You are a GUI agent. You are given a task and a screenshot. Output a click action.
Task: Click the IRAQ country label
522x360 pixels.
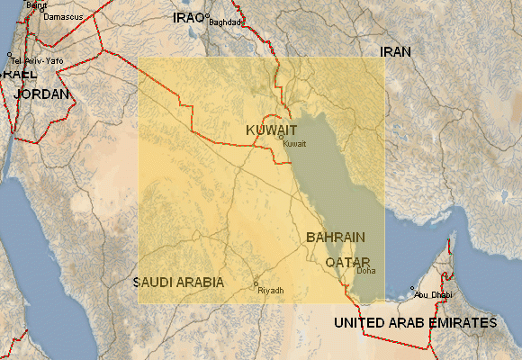pyautogui.click(x=187, y=18)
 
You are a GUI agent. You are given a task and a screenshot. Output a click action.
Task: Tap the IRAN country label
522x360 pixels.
pyautogui.click(x=395, y=52)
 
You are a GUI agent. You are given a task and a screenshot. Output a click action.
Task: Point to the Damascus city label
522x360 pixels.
pyautogui.click(x=63, y=17)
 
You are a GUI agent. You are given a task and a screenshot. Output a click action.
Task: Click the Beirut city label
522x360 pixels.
pyautogui.click(x=37, y=4)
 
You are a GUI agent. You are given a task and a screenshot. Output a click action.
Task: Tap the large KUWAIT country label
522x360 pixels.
pyautogui.click(x=271, y=130)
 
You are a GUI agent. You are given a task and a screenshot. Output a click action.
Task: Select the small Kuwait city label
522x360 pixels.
pyautogui.click(x=294, y=144)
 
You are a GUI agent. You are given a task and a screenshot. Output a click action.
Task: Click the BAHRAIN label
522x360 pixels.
pyautogui.click(x=336, y=238)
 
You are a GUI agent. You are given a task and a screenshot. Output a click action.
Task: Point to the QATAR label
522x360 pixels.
pyautogui.click(x=347, y=261)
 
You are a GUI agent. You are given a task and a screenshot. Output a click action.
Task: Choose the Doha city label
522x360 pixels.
pyautogui.click(x=366, y=270)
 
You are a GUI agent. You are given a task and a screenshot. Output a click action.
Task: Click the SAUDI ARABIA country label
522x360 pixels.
pyautogui.click(x=178, y=282)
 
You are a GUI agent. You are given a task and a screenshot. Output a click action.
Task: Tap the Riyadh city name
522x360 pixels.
pyautogui.click(x=270, y=291)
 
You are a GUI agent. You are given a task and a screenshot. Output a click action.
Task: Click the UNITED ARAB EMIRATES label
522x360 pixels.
pyautogui.click(x=415, y=322)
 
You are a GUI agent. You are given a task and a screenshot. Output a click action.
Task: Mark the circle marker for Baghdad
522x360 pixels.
pyautogui.click(x=207, y=16)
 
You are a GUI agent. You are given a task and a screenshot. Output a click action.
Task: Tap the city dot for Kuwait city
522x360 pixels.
pyautogui.click(x=281, y=137)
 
